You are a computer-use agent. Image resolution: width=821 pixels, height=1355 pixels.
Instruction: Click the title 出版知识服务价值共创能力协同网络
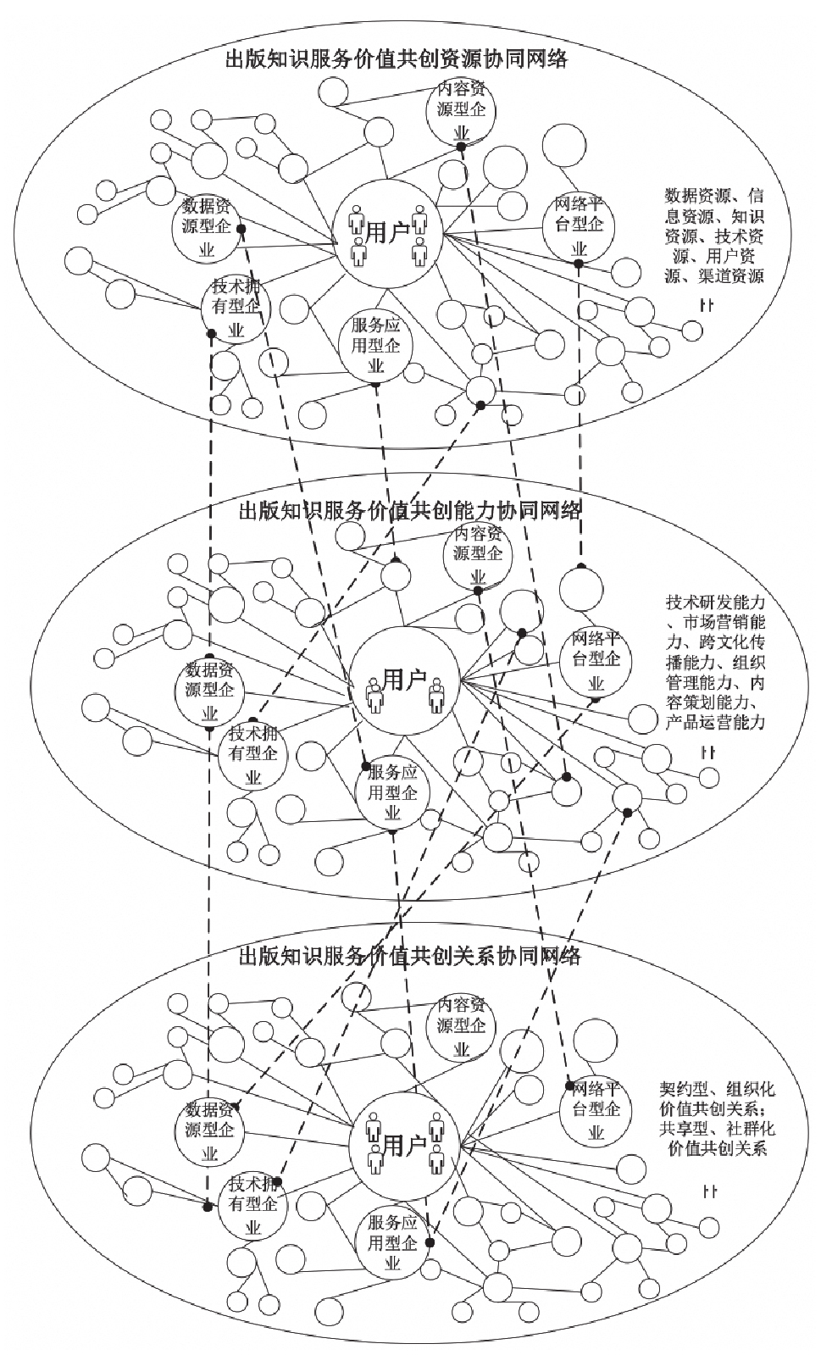(410, 510)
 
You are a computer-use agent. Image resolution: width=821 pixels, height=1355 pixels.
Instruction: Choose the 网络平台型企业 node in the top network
(579, 225)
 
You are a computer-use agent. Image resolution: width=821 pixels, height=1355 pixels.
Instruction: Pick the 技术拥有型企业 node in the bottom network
(252, 1203)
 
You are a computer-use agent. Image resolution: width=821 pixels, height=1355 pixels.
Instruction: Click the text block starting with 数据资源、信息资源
(713, 235)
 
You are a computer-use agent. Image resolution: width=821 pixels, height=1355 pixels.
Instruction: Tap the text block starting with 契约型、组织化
(717, 1119)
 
